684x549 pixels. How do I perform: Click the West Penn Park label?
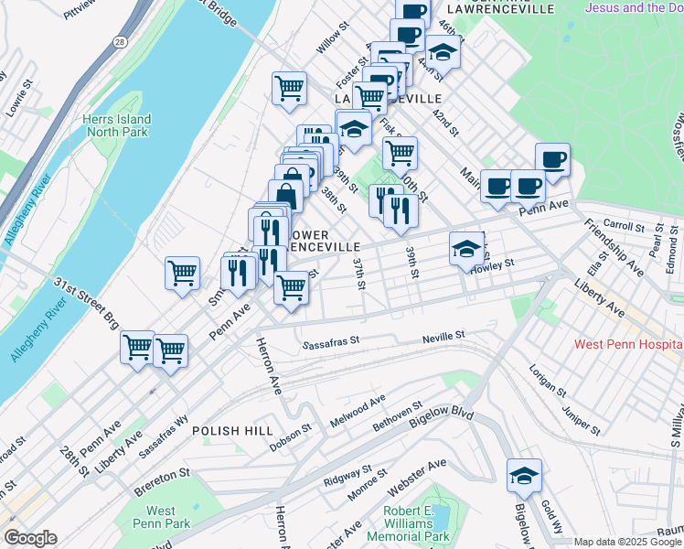(x=161, y=517)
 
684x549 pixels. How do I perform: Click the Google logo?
(x=30, y=538)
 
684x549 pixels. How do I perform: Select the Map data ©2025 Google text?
(x=627, y=542)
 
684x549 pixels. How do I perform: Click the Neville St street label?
(x=444, y=338)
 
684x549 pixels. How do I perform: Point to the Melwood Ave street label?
(x=358, y=405)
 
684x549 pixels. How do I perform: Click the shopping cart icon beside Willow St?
(x=289, y=89)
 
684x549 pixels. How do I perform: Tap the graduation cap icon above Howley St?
(x=465, y=247)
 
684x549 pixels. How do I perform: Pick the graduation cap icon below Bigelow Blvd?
(x=524, y=475)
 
